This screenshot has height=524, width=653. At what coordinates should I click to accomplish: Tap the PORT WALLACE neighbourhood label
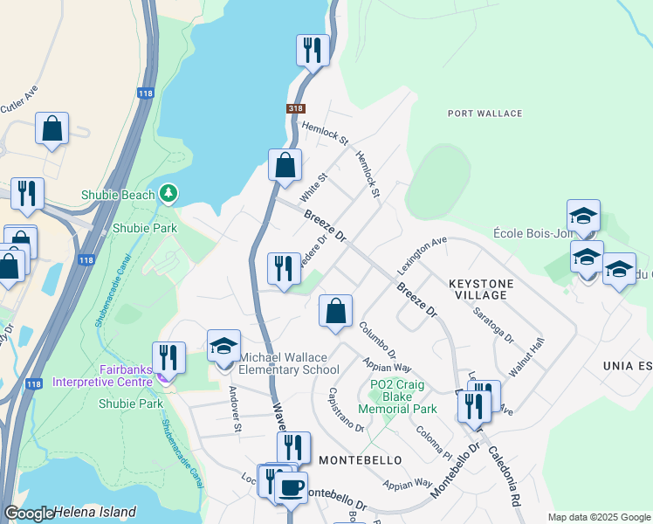pyautogui.click(x=485, y=114)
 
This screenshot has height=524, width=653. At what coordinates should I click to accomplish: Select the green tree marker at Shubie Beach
pyautogui.click(x=168, y=193)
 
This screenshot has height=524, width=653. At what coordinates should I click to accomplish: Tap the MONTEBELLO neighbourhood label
pyautogui.click(x=360, y=459)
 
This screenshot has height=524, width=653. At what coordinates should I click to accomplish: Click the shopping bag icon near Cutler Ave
pyautogui.click(x=52, y=128)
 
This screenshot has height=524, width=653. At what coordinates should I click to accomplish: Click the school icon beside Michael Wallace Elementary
pyautogui.click(x=223, y=345)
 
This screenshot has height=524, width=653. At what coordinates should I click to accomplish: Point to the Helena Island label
pyautogui.click(x=95, y=512)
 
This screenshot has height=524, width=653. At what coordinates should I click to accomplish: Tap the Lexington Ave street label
pyautogui.click(x=422, y=252)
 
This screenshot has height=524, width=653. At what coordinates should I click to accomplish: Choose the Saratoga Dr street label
pyautogui.click(x=493, y=324)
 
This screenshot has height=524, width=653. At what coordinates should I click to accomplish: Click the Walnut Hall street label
pyautogui.click(x=526, y=356)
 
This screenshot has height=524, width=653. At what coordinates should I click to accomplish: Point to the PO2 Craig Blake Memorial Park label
pyautogui.click(x=403, y=396)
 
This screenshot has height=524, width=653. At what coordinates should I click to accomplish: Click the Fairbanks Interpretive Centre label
pyautogui.click(x=103, y=375)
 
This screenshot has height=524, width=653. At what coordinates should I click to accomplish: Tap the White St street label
pyautogui.click(x=313, y=185)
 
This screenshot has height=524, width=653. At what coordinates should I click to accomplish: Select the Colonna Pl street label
pyautogui.click(x=433, y=444)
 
